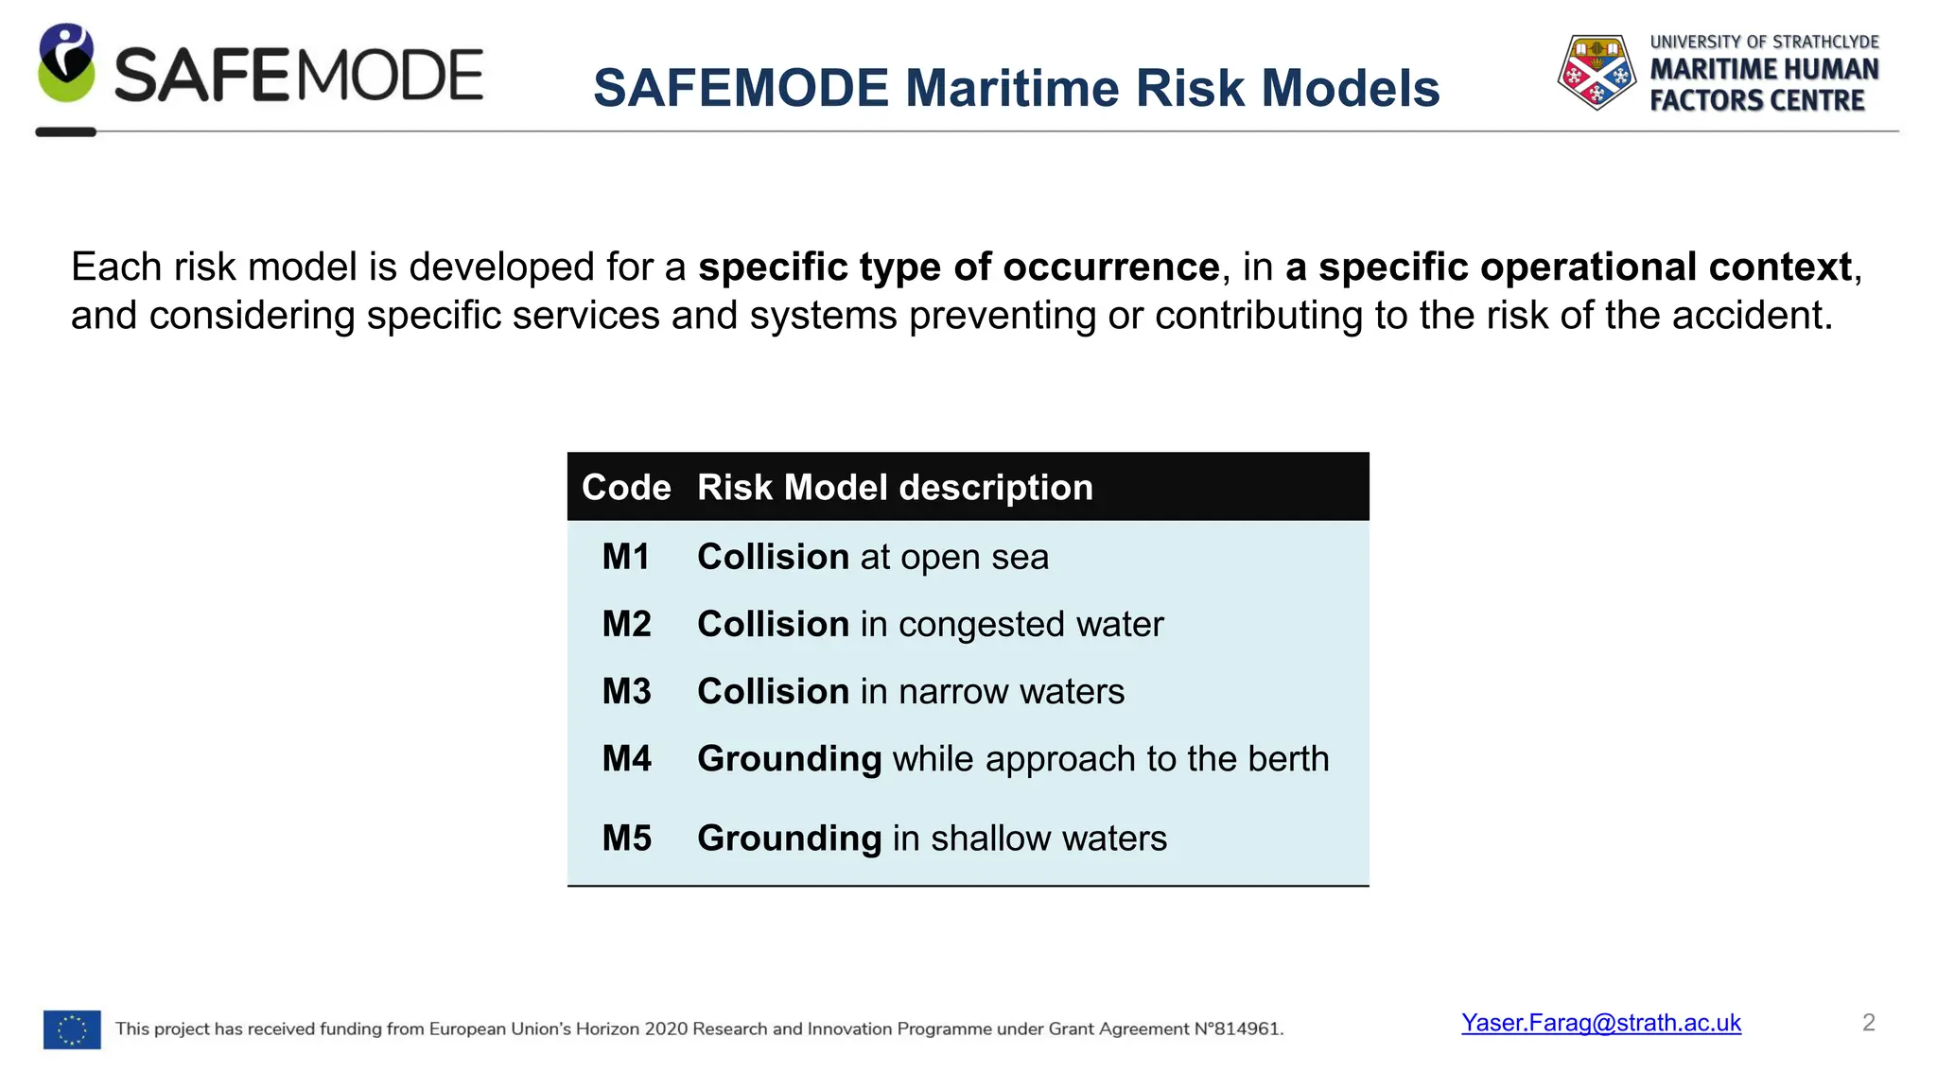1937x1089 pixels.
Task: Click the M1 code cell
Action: point(626,557)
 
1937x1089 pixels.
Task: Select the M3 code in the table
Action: point(626,691)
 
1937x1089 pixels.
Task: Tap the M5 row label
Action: point(626,838)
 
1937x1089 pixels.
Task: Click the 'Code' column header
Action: point(626,488)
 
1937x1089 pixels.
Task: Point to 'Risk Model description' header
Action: point(895,488)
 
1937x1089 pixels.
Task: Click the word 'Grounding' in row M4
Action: point(789,759)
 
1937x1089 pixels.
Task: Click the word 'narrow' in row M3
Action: point(953,692)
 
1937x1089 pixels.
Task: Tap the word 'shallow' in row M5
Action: point(990,838)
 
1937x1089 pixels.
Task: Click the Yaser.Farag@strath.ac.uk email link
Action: point(1600,1023)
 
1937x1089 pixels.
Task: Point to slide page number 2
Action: point(1868,1023)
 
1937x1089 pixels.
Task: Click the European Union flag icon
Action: point(72,1029)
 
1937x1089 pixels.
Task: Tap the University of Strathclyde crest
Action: point(1597,72)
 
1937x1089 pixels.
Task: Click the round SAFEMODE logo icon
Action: point(66,64)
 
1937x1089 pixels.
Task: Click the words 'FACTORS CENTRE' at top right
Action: point(1756,101)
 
